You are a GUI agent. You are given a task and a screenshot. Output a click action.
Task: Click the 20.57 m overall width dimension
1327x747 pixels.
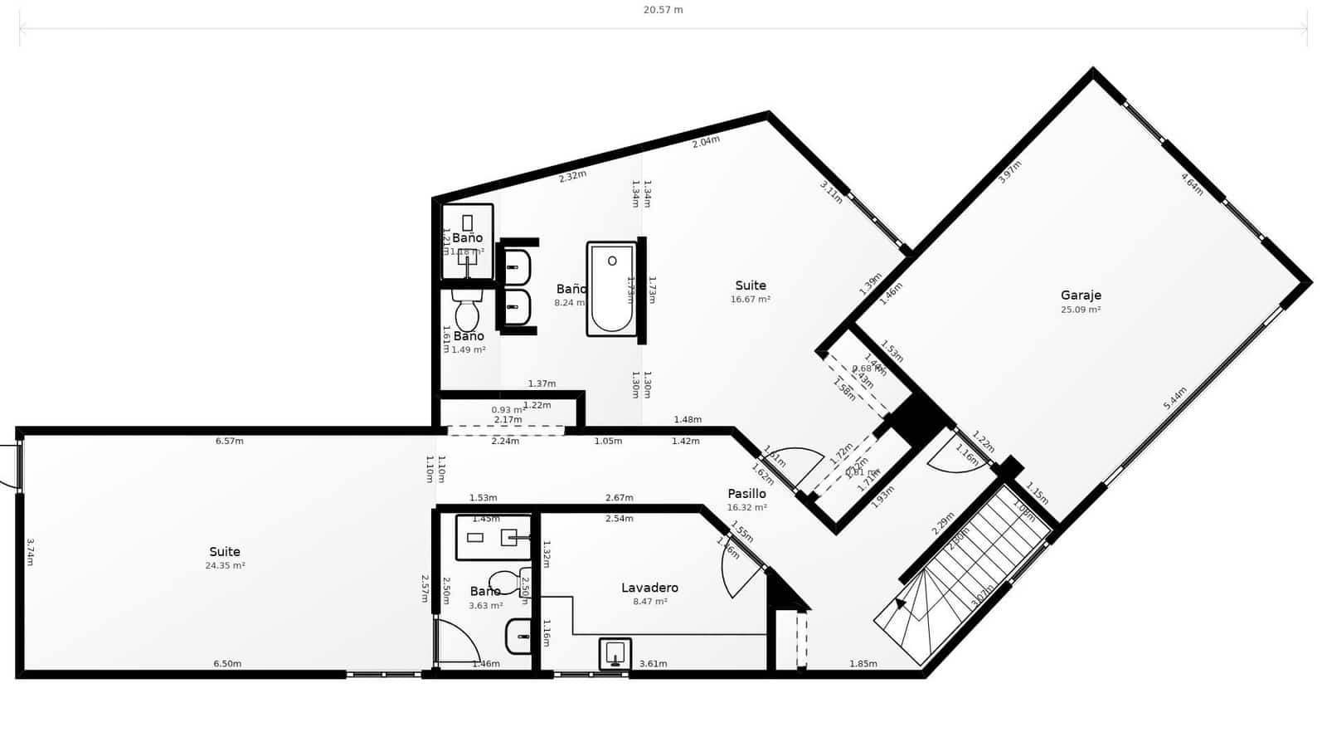click(663, 10)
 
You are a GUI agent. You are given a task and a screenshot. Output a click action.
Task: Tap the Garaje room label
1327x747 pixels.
click(1081, 295)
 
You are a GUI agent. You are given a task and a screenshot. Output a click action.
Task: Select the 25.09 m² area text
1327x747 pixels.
click(1081, 310)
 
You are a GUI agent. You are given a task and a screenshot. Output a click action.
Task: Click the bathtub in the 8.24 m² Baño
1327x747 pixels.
click(612, 289)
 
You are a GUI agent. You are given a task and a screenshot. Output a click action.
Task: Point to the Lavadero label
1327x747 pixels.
click(649, 588)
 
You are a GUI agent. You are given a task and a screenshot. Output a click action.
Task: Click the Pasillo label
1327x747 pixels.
click(746, 494)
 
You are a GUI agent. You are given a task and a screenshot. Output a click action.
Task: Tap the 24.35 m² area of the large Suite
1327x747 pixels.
click(225, 566)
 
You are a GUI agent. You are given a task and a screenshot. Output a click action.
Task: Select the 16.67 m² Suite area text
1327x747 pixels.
click(750, 300)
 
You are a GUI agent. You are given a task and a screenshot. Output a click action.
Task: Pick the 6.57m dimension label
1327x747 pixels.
click(230, 441)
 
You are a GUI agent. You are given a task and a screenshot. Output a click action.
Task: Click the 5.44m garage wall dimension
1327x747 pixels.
click(1175, 398)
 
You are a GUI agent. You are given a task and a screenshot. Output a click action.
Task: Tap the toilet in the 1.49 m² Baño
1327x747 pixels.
click(467, 312)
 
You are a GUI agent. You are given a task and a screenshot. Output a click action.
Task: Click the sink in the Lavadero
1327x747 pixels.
click(615, 653)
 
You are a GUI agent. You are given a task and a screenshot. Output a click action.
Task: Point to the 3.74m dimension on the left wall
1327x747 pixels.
click(30, 552)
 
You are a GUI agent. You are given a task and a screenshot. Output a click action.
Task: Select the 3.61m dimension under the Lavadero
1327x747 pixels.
click(653, 664)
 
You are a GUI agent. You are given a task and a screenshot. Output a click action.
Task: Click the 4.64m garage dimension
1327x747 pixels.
click(1192, 183)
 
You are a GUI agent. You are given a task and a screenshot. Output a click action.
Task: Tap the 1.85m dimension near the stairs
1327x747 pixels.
click(863, 664)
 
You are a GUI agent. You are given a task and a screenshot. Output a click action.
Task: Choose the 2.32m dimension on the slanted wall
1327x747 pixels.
click(572, 176)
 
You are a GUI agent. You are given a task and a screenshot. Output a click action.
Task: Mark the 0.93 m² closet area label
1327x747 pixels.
click(508, 410)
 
